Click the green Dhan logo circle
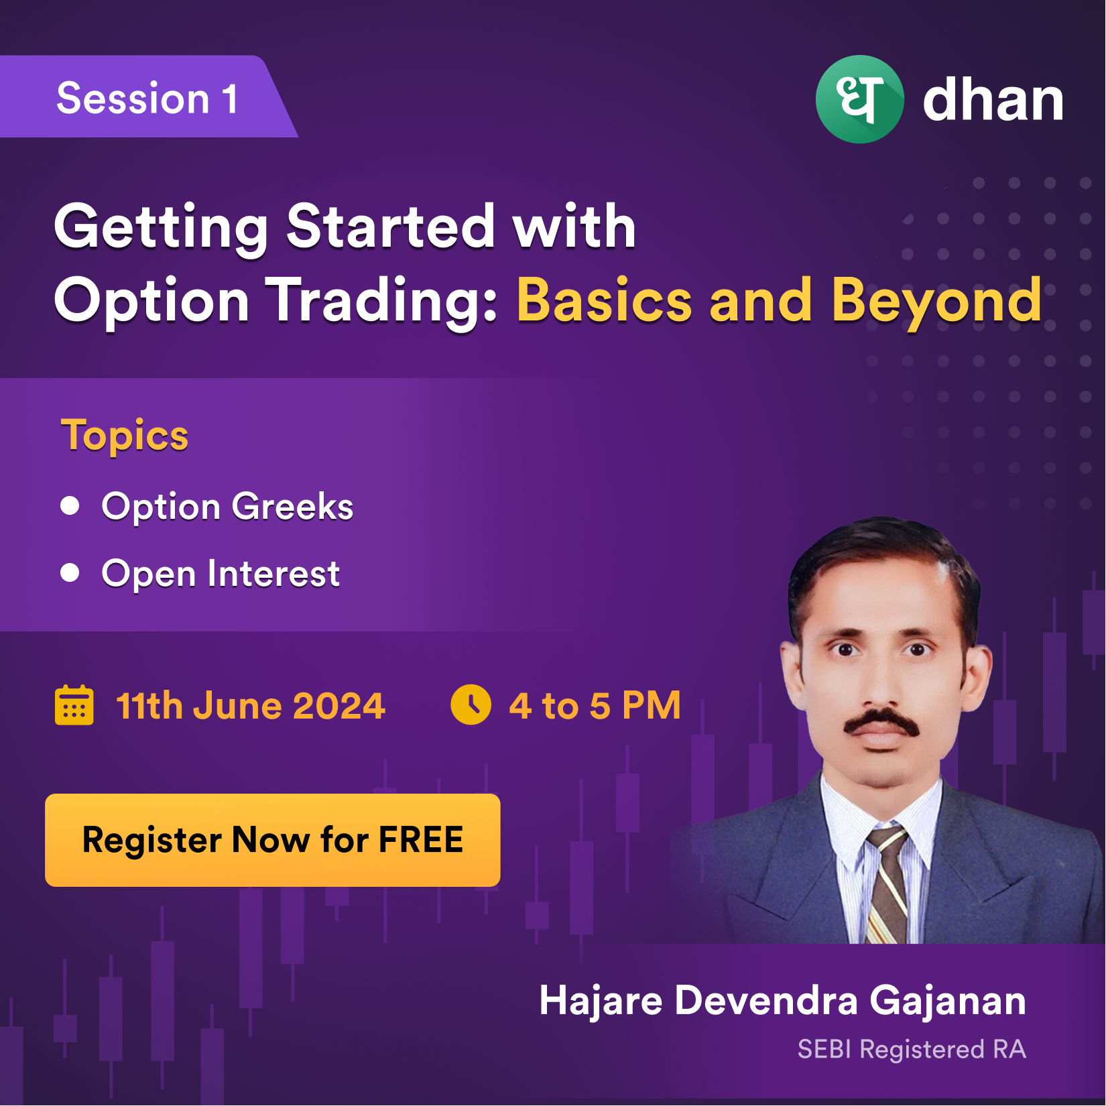pyautogui.click(x=859, y=99)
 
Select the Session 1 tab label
pyautogui.click(x=147, y=99)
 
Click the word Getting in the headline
pyautogui.click(x=161, y=228)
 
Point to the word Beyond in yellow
pyautogui.click(x=936, y=302)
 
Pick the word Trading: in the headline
pyautogui.click(x=382, y=302)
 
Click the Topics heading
pyautogui.click(x=125, y=436)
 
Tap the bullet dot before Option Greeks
pyautogui.click(x=70, y=505)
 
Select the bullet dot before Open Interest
pyautogui.click(x=70, y=572)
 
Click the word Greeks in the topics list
pyautogui.click(x=292, y=506)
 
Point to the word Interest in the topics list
pyautogui.click(x=273, y=574)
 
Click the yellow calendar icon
pyautogui.click(x=74, y=705)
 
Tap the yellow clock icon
pyautogui.click(x=471, y=704)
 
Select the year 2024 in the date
pyautogui.click(x=339, y=706)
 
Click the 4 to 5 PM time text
pyautogui.click(x=595, y=705)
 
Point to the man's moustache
pyautogui.click(x=881, y=723)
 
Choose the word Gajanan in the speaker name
pyautogui.click(x=948, y=1001)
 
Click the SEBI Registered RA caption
pyautogui.click(x=912, y=1050)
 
